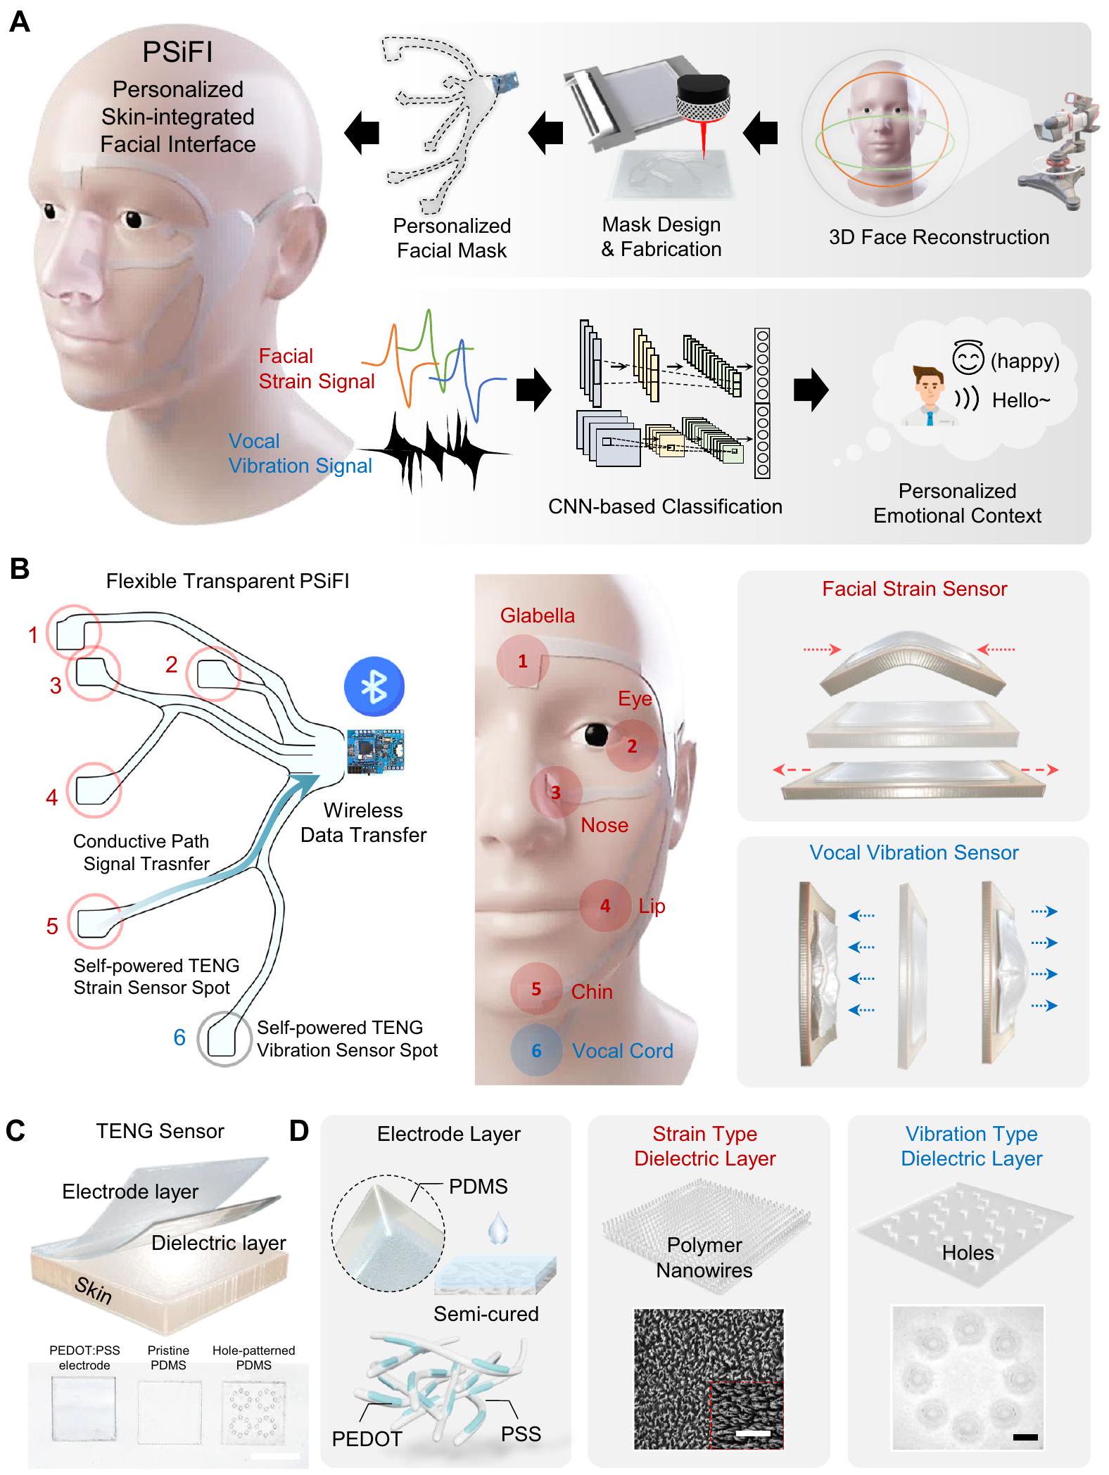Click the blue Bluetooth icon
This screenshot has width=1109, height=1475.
coord(374,687)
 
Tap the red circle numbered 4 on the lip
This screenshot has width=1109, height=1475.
coord(605,906)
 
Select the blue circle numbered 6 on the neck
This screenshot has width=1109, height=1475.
coord(536,1051)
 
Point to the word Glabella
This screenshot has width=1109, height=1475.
coord(538,615)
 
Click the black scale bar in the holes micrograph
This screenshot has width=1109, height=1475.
coord(1025,1437)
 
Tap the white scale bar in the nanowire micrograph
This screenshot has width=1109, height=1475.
coord(753,1432)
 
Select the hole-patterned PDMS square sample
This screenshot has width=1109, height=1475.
coord(253,1410)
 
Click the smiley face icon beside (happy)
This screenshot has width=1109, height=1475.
coord(968,357)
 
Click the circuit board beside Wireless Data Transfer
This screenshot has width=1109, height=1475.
coord(375,751)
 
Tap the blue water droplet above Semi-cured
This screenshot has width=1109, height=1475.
coord(498,1230)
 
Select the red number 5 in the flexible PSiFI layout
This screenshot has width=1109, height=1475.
coord(52,926)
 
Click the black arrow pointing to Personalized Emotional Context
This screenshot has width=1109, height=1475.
coord(811,390)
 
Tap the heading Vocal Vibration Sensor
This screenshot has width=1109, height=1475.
coord(913,853)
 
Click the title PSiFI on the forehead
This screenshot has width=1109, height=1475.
coord(177,52)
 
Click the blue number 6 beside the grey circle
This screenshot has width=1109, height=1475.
coord(179,1037)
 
